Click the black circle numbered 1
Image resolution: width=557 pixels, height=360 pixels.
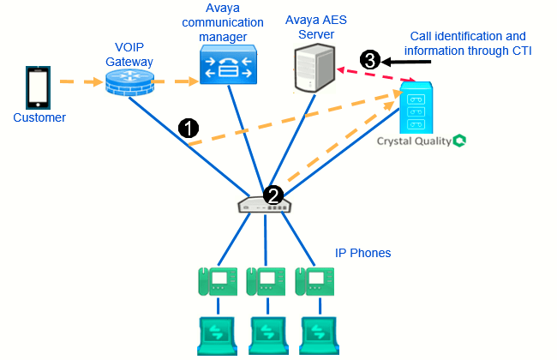click(189, 128)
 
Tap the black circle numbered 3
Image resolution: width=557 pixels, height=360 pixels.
click(369, 60)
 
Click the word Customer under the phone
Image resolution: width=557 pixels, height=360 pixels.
click(39, 117)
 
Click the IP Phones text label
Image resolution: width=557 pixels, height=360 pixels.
click(362, 253)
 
